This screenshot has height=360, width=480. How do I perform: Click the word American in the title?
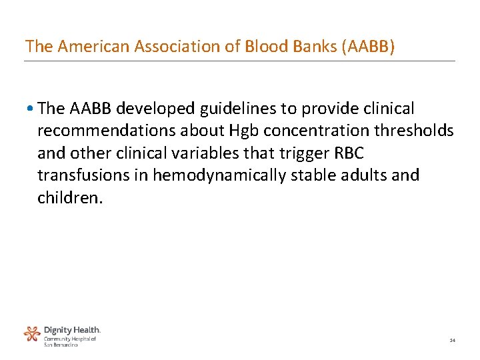pyautogui.click(x=85, y=46)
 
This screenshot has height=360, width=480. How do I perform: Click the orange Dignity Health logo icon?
pyautogui.click(x=32, y=333)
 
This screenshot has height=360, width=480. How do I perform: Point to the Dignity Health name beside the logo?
pyautogui.click(x=72, y=329)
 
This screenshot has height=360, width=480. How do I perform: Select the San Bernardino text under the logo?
pyautogui.click(x=61, y=344)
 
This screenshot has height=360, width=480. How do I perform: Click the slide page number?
pyautogui.click(x=452, y=341)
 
